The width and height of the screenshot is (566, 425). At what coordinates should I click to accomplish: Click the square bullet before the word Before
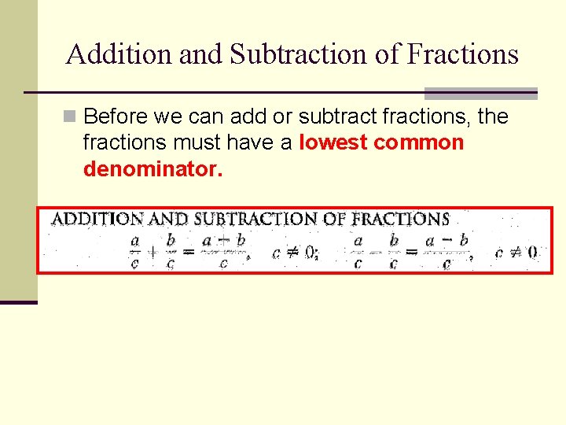click(70, 117)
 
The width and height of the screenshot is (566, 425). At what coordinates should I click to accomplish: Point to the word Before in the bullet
click(116, 117)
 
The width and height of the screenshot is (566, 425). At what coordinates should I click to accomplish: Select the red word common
click(419, 143)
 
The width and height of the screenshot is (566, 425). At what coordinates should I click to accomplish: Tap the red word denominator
click(153, 168)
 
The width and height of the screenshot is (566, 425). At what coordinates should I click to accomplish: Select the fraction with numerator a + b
click(223, 251)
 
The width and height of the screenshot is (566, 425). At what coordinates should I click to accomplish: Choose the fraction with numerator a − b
click(446, 251)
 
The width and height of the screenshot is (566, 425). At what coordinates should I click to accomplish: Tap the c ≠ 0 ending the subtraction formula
click(516, 253)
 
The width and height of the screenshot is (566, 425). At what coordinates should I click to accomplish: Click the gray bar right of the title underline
click(480, 93)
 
